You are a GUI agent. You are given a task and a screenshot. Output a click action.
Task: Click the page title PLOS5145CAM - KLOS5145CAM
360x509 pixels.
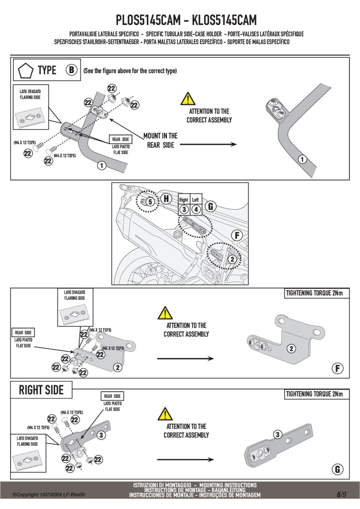(x=186, y=20)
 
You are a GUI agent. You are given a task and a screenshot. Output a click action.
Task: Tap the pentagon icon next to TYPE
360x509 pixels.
(x=26, y=70)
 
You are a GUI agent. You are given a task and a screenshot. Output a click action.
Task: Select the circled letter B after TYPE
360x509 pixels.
(x=71, y=70)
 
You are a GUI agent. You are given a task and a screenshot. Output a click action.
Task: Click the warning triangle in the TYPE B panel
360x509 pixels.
(x=188, y=99)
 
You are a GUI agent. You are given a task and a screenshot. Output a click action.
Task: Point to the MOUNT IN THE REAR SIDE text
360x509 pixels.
(x=160, y=140)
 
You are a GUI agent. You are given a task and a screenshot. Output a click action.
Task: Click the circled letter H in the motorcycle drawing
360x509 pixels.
(x=166, y=199)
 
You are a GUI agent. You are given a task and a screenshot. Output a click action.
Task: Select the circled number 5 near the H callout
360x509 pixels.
(x=150, y=202)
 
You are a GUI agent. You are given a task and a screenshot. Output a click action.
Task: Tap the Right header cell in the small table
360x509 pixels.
(x=184, y=200)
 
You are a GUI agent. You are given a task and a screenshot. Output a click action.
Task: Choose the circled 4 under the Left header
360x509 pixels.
(x=196, y=210)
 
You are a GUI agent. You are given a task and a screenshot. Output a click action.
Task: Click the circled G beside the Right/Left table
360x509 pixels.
(x=211, y=206)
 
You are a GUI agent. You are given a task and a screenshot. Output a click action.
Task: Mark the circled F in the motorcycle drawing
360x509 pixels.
(x=237, y=236)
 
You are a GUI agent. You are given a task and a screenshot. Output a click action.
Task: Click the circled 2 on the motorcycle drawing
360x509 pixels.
(x=232, y=259)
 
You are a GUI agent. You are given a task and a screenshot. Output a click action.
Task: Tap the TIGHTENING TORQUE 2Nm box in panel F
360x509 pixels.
(x=314, y=293)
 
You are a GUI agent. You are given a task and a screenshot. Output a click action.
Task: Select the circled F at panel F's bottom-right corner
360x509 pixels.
(x=337, y=368)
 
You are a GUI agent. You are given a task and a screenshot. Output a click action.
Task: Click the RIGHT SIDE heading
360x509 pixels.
(x=41, y=390)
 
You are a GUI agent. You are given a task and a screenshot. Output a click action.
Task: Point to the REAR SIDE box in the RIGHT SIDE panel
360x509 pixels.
(x=112, y=396)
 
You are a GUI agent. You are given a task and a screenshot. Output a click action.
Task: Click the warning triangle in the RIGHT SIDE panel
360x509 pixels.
(x=165, y=414)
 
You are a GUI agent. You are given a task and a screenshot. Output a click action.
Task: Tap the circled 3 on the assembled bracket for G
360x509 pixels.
(x=277, y=434)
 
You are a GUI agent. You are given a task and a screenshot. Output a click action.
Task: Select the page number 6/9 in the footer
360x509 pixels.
(x=341, y=494)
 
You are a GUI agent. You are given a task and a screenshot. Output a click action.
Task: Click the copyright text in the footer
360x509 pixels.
(x=49, y=495)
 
